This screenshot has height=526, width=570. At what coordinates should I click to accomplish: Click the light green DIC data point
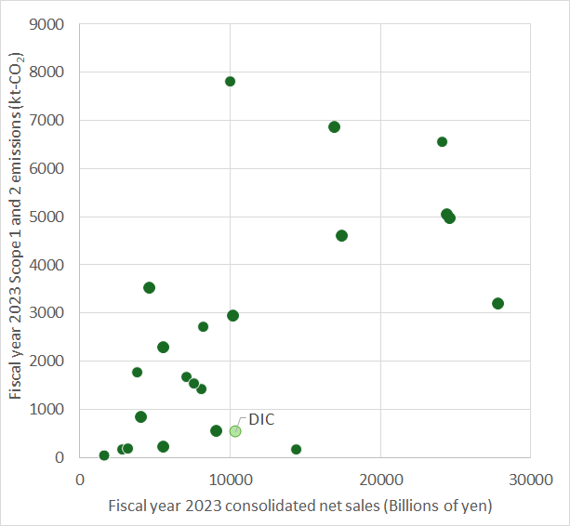pos(235,431)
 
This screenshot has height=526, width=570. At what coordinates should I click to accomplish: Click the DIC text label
pos(261,419)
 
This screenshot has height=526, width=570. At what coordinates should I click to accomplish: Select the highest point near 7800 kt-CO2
pos(230,82)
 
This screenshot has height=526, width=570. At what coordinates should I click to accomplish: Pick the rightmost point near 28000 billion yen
pos(497,304)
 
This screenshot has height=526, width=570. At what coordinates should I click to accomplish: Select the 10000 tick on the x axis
pos(230,480)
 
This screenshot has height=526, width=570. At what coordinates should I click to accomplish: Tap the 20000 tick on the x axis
pos(380,480)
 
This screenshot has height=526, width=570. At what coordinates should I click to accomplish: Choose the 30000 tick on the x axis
pos(530,480)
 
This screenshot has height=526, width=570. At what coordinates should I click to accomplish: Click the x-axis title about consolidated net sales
pos(299,506)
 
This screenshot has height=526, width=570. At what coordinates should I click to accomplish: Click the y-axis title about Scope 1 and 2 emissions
pos(17,240)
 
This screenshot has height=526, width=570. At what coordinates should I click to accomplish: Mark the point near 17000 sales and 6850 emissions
pos(334,127)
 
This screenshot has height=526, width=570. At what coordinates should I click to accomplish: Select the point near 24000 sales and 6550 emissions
pos(442,142)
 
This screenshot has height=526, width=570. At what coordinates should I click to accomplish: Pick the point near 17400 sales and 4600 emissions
pos(341,236)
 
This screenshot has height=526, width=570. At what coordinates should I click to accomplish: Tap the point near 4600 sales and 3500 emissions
pos(149,288)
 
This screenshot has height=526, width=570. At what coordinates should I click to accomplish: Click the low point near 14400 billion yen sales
pos(296,450)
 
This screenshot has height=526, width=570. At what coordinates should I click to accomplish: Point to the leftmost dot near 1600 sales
pos(104,455)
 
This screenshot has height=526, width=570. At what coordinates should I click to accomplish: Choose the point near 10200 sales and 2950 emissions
pos(232,316)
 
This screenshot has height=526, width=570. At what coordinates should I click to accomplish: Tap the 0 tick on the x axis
pos(80,480)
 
